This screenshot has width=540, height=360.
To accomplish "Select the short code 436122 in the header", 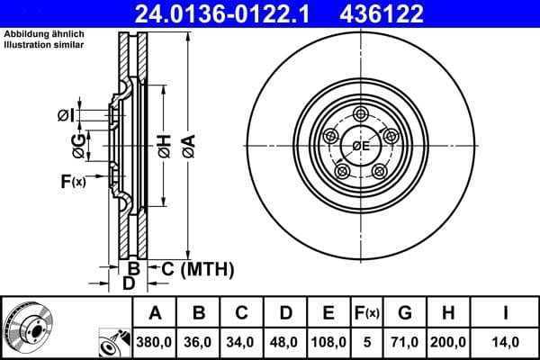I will [x=392, y=13].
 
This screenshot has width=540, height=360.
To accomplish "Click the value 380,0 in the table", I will [x=155, y=343].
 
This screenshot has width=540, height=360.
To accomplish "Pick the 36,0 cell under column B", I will [x=199, y=343].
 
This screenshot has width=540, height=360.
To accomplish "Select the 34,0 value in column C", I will [x=242, y=343].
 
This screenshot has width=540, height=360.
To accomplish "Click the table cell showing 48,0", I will [x=285, y=343].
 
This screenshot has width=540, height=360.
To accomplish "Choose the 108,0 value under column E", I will [x=329, y=343].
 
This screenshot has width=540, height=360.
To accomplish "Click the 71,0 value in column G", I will [x=405, y=343].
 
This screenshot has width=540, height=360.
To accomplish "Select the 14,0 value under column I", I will [x=506, y=343].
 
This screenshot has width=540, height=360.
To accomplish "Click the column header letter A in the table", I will [x=155, y=314].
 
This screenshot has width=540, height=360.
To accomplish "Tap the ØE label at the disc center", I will [x=361, y=146].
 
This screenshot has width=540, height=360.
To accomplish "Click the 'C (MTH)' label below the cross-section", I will [x=196, y=268].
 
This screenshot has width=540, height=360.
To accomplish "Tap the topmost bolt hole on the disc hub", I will [x=361, y=113].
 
